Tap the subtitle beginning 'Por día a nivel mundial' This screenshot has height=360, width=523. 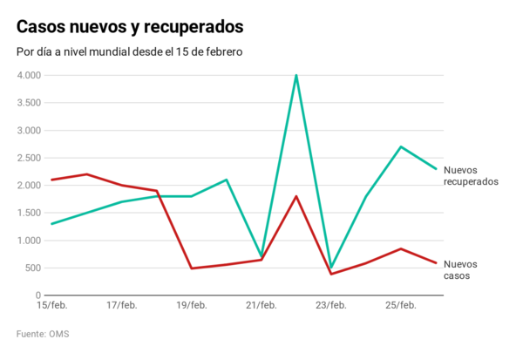click(x=129, y=51)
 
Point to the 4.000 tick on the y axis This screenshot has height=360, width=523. click(x=29, y=76)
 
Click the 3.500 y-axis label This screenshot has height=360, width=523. click(x=29, y=103)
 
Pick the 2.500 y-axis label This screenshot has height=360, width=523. click(x=29, y=158)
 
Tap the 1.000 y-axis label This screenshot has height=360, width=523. click(x=29, y=241)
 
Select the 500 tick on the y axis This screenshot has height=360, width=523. click(x=32, y=268)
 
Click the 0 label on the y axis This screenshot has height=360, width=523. click(x=37, y=295)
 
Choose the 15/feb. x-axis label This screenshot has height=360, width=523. click(x=51, y=305)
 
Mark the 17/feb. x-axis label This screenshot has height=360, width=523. click(x=121, y=305)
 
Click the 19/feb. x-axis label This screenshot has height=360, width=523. click(x=191, y=305)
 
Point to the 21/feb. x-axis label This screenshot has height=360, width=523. click(x=261, y=305)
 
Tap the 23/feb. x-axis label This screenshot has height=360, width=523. click(x=330, y=305)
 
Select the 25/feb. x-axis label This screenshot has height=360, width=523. click(x=400, y=305)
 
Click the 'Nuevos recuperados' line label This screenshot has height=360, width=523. click(x=470, y=176)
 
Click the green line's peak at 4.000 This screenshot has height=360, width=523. click(x=296, y=76)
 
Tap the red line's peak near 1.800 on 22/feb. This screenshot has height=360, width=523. click(x=296, y=196)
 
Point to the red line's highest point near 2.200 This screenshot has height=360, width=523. click(x=87, y=174)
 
